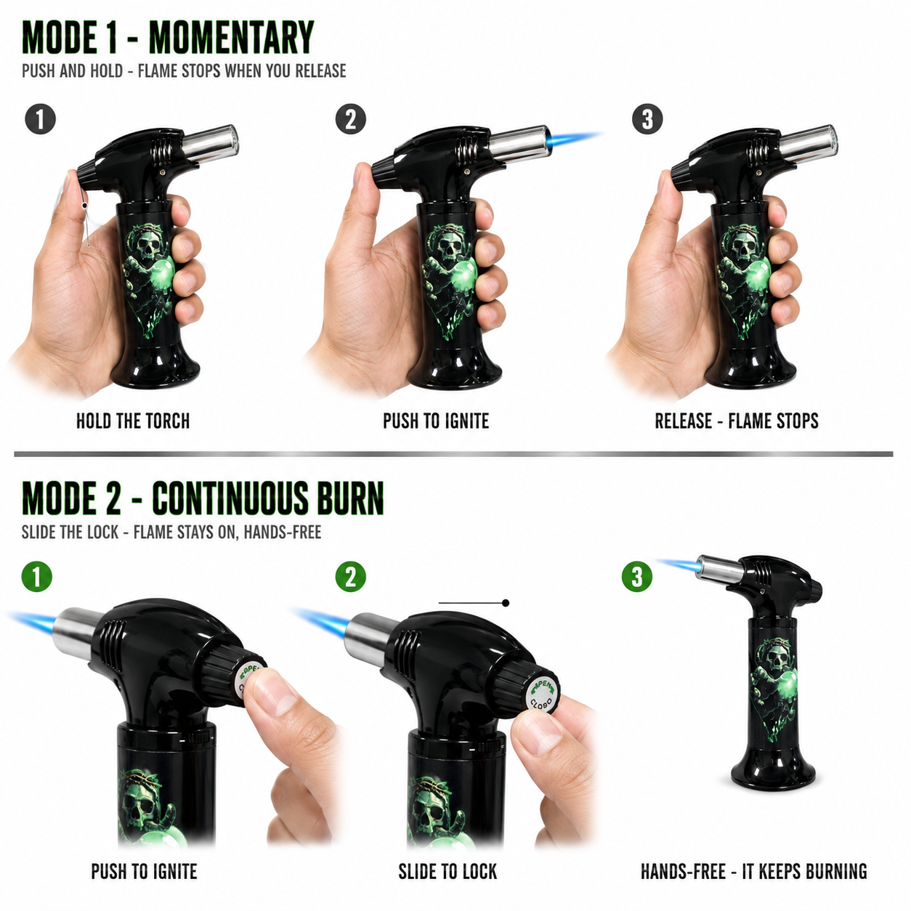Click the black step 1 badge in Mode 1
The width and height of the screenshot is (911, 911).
[40, 119]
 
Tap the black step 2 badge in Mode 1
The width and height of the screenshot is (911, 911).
[350, 119]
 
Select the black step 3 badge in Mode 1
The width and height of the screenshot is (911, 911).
[647, 119]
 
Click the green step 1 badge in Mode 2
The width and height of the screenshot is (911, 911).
[37, 576]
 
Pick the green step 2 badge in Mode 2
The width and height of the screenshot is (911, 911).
[350, 576]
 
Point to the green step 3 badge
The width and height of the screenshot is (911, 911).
[637, 576]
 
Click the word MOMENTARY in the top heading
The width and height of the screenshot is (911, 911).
[232, 37]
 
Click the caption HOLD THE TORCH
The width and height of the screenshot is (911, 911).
[133, 421]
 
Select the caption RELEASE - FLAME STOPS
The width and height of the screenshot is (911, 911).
[737, 421]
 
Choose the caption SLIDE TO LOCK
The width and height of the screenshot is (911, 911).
[448, 871]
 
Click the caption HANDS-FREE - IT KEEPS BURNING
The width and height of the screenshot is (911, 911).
[754, 871]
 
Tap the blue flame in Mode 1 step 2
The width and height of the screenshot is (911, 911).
[575, 139]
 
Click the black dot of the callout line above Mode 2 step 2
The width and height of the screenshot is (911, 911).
[506, 603]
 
